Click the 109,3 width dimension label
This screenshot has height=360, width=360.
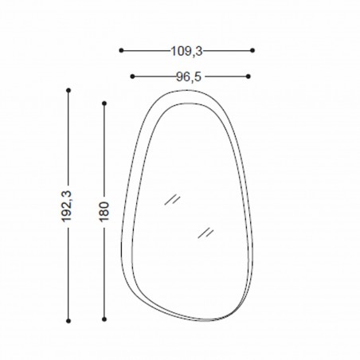(186, 51)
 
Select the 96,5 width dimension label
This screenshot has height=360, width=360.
(189, 77)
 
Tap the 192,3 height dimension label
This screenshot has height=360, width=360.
(67, 206)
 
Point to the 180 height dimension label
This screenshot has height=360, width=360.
(104, 211)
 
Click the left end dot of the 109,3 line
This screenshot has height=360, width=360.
(121, 50)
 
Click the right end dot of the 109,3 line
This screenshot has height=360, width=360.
(252, 50)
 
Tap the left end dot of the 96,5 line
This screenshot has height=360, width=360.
(132, 76)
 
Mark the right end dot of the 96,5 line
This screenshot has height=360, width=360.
(248, 76)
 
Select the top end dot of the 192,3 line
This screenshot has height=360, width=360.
(68, 90)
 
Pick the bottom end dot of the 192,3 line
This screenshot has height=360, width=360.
(68, 321)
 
